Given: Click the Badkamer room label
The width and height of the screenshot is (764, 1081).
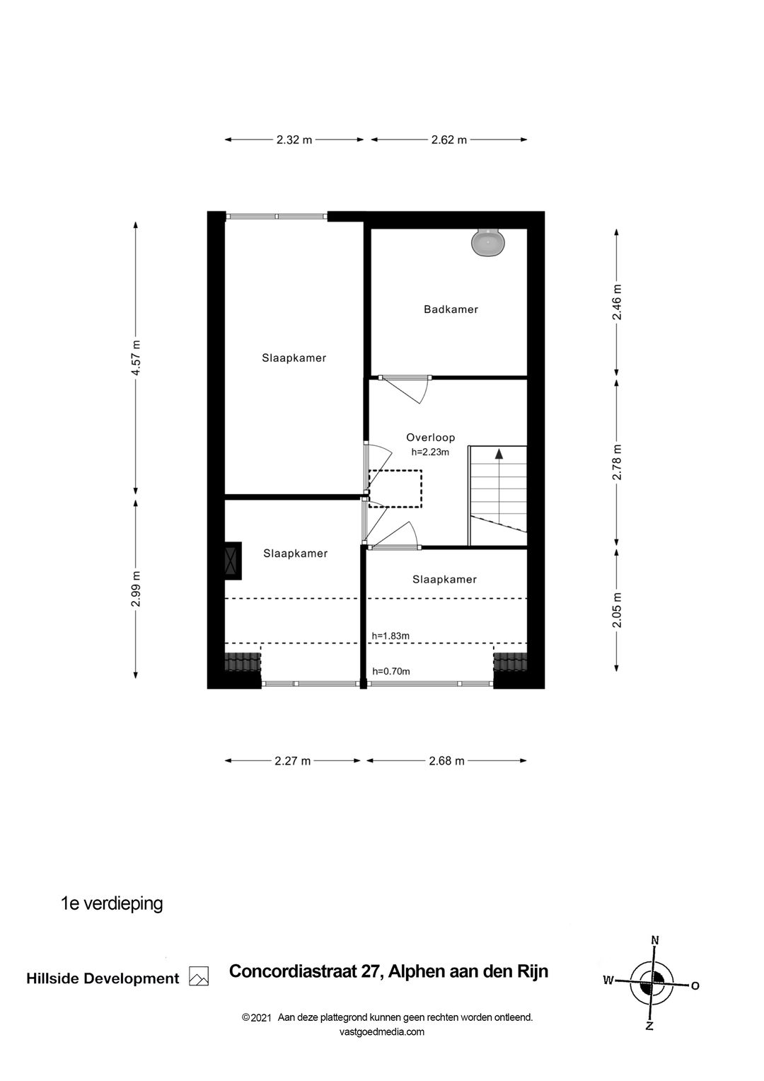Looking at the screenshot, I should click(451, 309).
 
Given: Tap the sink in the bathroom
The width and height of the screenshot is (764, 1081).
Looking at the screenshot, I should click(488, 243).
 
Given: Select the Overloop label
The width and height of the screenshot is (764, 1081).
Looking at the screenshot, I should click(430, 437).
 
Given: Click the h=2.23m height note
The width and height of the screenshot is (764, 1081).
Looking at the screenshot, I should click(430, 452).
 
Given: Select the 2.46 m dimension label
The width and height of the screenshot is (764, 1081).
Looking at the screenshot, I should click(617, 302).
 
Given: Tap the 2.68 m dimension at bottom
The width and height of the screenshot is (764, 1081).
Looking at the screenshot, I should click(446, 761).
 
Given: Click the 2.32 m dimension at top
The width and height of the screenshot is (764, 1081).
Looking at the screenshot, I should click(294, 140).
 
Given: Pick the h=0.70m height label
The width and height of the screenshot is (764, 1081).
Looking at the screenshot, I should click(391, 671).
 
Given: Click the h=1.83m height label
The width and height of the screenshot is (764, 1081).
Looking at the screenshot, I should click(391, 636).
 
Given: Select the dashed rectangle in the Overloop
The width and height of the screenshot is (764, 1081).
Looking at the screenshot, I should click(395, 488).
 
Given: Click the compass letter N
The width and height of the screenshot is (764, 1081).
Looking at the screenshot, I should click(655, 940).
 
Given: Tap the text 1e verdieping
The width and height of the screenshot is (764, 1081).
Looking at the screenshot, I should click(112, 903).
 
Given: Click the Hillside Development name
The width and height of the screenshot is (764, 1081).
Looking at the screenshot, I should click(103, 979).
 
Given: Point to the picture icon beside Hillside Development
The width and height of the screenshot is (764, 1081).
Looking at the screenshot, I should click(199, 977).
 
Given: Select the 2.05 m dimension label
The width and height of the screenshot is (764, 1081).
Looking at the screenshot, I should click(617, 610).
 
